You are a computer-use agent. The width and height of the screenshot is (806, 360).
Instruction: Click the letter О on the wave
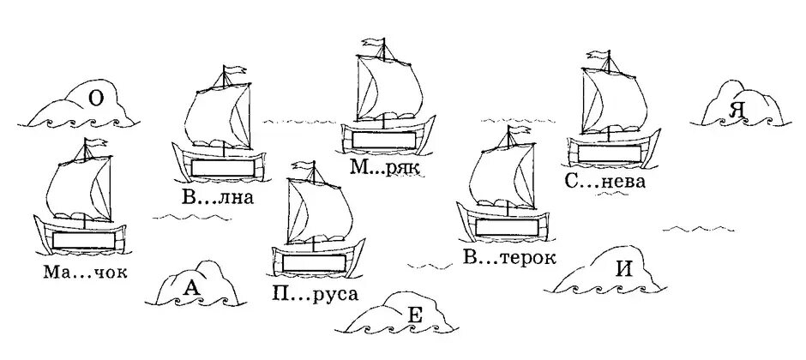[x=97, y=99]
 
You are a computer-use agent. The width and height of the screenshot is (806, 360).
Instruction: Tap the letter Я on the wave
[x=734, y=110]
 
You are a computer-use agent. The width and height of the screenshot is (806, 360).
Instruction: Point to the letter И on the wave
[x=624, y=267]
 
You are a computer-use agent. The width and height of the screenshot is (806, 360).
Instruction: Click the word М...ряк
[x=383, y=169]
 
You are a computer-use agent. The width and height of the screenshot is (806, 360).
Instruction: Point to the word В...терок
[x=509, y=256]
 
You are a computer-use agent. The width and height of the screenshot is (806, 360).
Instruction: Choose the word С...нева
[x=605, y=182]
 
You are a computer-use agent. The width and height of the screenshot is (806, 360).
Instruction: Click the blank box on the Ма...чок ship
[x=84, y=239]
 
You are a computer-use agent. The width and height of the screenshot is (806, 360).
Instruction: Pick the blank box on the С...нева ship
[x=611, y=152]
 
